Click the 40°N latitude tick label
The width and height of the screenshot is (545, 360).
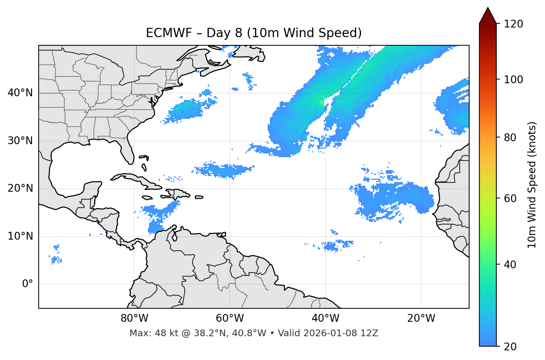coord(20,93)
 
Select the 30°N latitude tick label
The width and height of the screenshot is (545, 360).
coord(20,141)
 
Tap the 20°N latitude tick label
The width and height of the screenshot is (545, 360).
coord(20,188)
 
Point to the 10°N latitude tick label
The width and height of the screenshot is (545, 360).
coord(20,236)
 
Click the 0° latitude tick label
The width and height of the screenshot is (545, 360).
coord(28,284)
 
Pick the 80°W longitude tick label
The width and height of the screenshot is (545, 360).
coord(134,318)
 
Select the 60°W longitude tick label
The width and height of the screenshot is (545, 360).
coord(230,318)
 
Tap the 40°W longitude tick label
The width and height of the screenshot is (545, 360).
coord(325,318)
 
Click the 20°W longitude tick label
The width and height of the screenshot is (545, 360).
coord(421,318)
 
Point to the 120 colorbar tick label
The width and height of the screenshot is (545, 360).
coord(513,24)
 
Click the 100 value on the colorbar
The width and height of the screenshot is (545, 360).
coord(513,80)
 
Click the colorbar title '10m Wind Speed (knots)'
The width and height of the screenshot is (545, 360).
coord(532,185)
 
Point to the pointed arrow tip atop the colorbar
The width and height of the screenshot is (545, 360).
coord(488,8)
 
